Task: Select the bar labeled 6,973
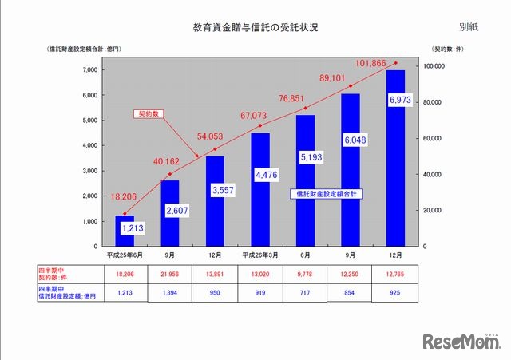pos(396,160)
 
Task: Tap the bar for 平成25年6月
pos(124,231)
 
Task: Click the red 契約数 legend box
pos(147,114)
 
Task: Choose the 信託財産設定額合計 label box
pos(327,192)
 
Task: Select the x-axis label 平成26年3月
pos(260,255)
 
